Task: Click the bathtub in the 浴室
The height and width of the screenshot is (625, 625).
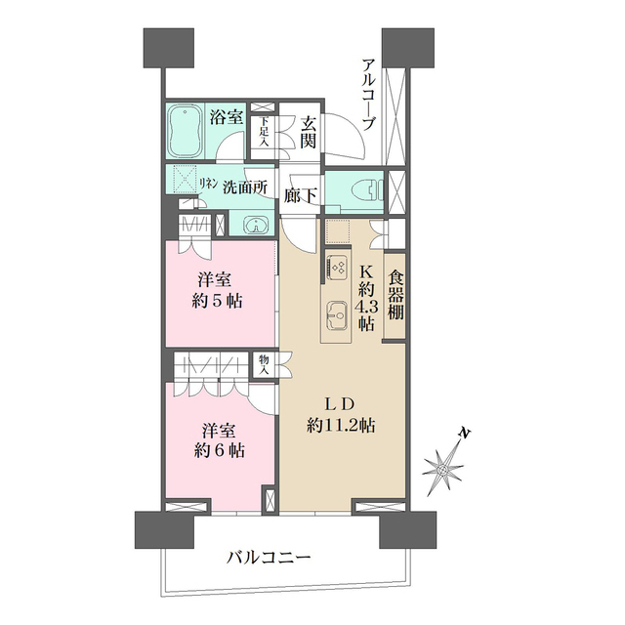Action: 185,133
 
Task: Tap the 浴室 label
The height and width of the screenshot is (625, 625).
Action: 228,117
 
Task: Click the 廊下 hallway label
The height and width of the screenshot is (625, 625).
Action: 301,195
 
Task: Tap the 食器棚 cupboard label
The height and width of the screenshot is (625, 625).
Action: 396,299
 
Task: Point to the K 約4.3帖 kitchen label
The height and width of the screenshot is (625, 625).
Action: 365,298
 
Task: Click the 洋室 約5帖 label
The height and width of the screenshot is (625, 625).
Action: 218,290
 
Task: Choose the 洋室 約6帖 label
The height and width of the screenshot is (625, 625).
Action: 218,439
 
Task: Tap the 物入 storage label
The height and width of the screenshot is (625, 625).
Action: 264,365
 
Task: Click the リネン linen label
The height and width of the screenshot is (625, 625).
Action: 207,184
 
